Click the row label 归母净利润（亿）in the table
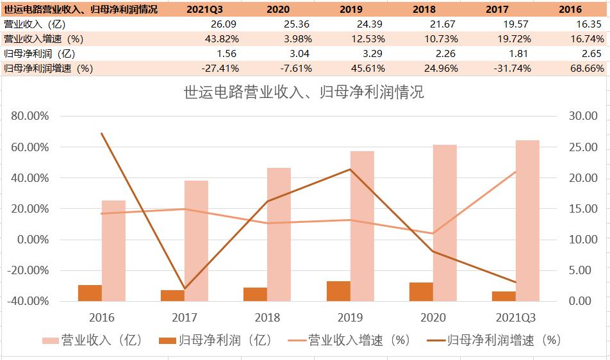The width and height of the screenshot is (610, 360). [x=40, y=54]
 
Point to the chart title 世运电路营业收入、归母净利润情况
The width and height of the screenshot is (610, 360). [x=304, y=93]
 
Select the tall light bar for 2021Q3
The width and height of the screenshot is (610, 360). [x=527, y=220]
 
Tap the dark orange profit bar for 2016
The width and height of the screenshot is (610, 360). [x=90, y=293]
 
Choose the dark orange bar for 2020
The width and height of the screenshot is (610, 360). [x=421, y=291]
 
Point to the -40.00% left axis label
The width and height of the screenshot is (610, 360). [x=28, y=301]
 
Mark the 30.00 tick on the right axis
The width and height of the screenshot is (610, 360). [x=581, y=117]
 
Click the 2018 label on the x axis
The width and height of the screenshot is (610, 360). [x=267, y=318]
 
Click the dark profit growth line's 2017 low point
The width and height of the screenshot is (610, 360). [x=185, y=288]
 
